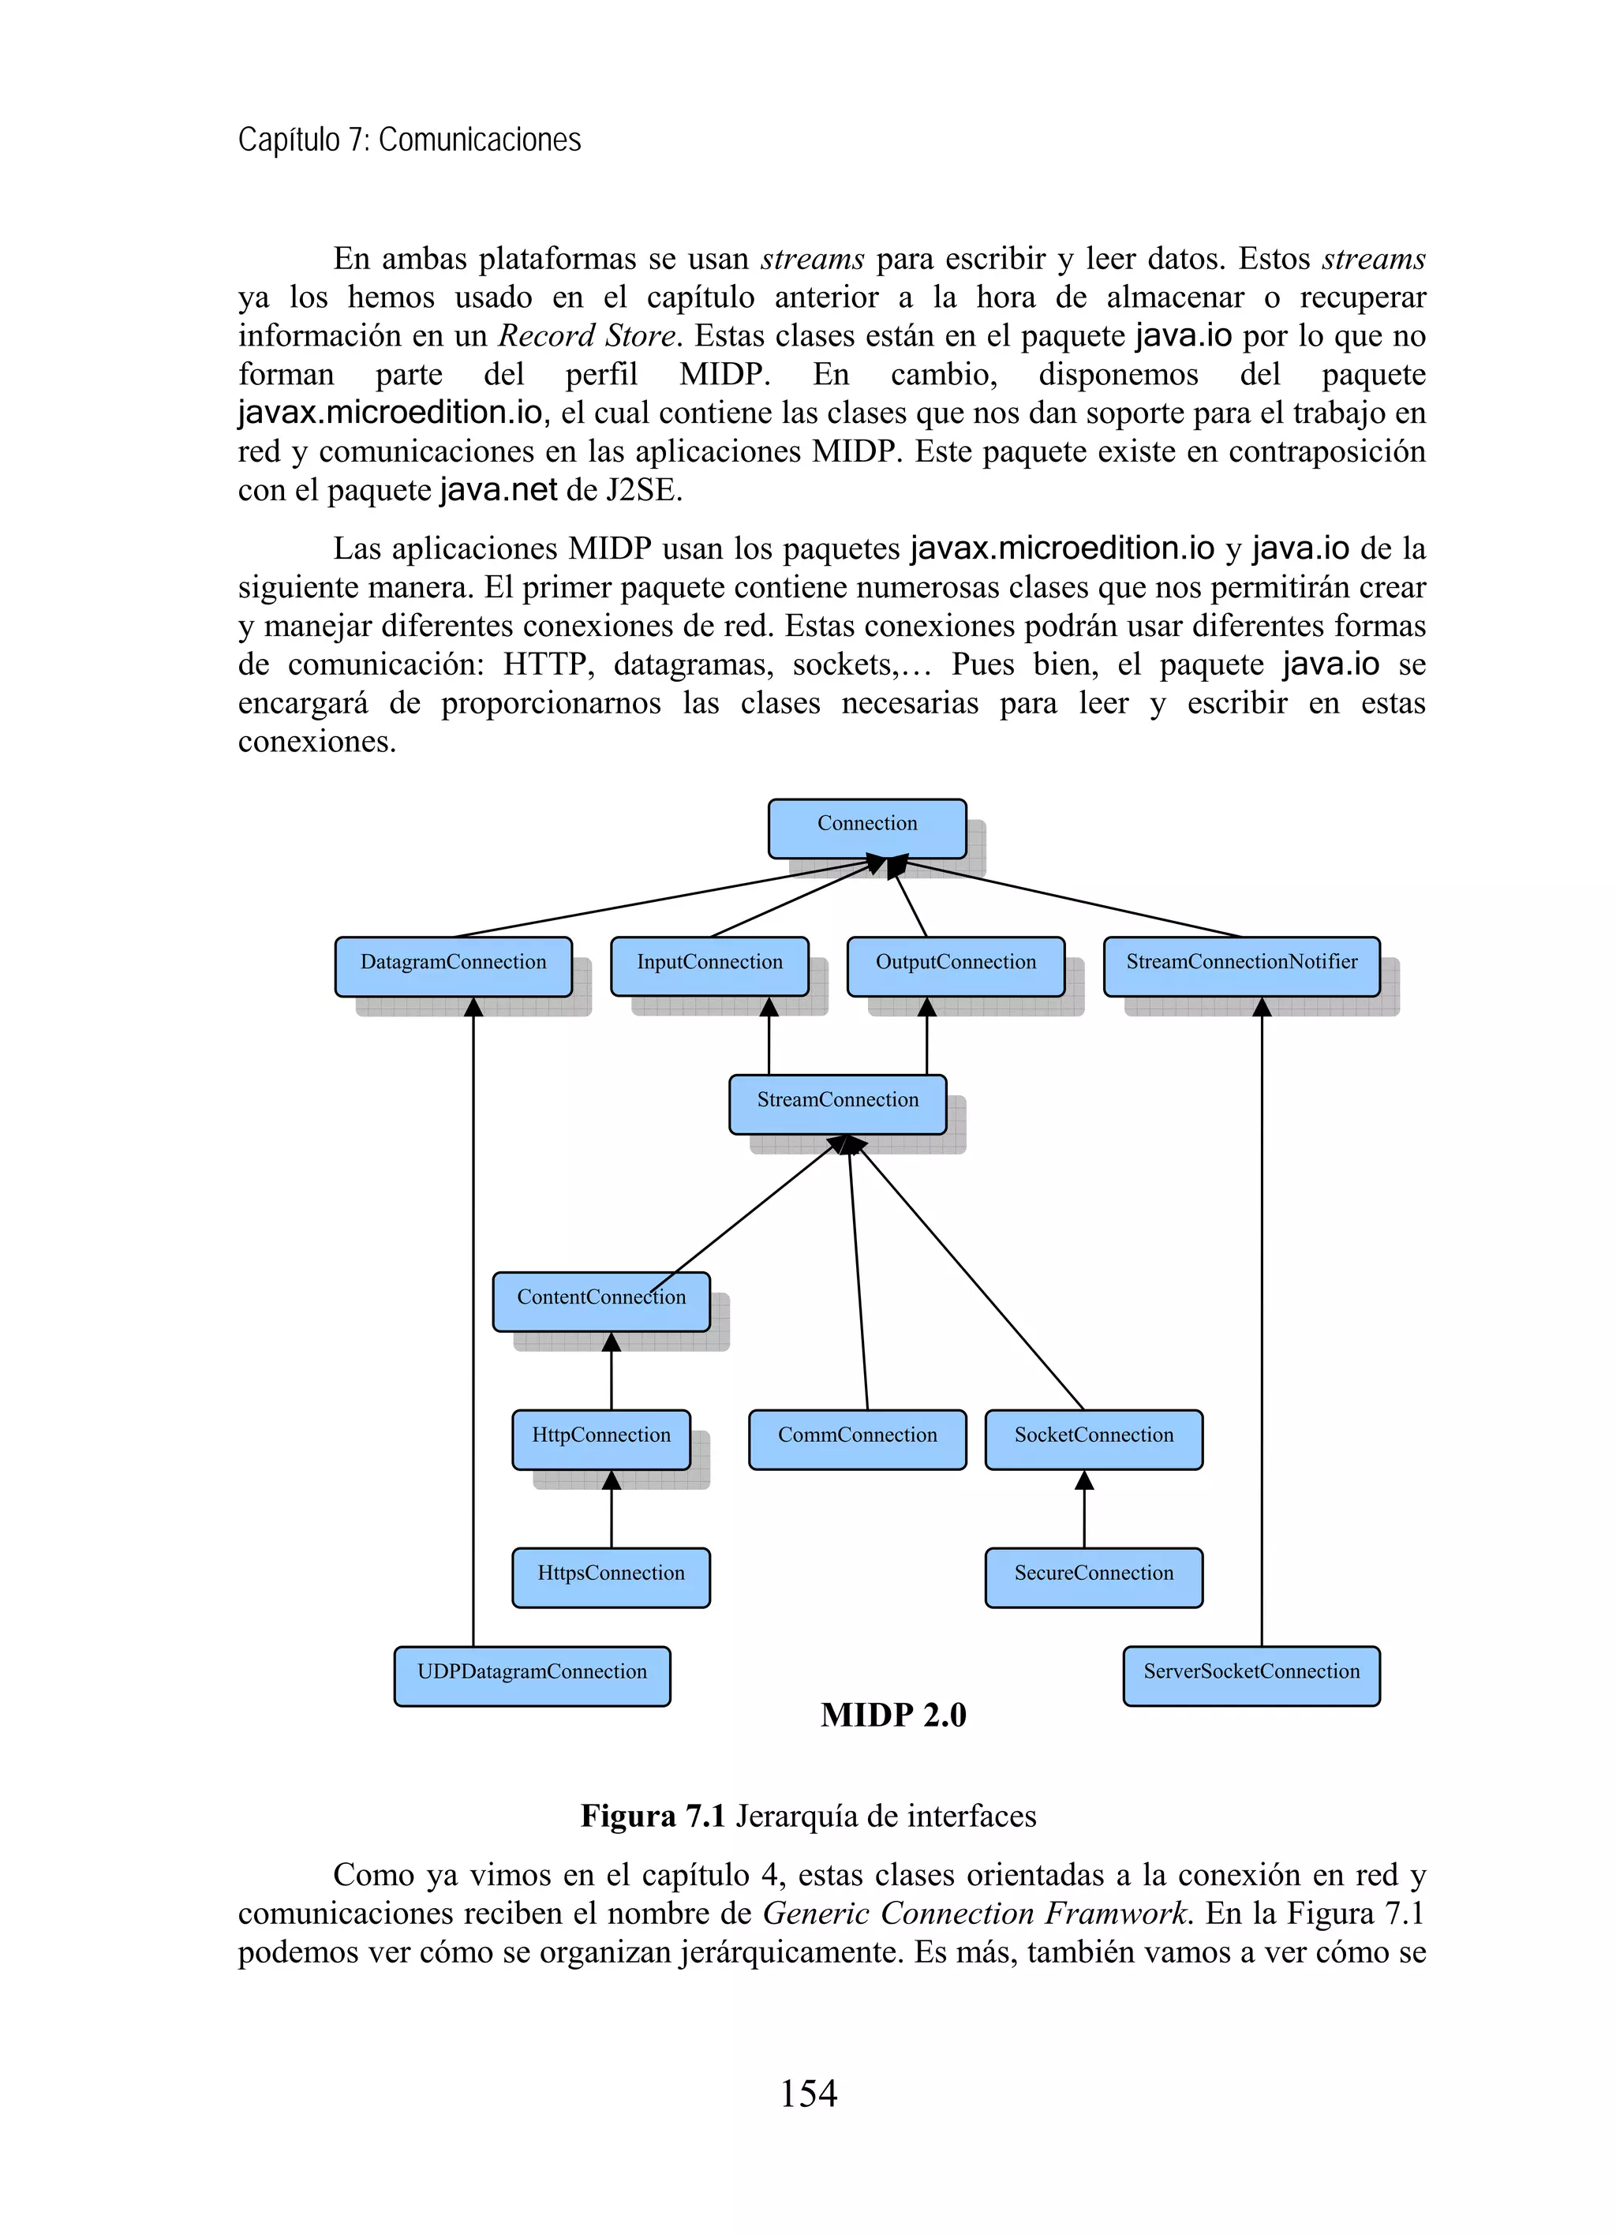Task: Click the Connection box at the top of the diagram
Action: (x=866, y=828)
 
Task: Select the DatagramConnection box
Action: (x=453, y=965)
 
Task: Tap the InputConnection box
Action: (x=709, y=965)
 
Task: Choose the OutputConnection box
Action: (x=956, y=965)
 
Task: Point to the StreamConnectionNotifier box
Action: (x=1241, y=965)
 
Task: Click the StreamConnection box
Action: (x=837, y=1103)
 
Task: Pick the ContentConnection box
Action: (x=600, y=1301)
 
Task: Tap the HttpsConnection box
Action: (x=611, y=1577)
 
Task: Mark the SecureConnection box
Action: (x=1093, y=1577)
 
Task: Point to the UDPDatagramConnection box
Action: (x=532, y=1675)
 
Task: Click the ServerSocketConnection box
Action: (x=1251, y=1675)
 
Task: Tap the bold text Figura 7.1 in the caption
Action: (x=652, y=1815)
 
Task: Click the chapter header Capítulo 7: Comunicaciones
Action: (x=410, y=140)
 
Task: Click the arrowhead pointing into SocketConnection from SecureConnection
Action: (x=1084, y=1480)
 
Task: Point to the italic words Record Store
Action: (x=587, y=336)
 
